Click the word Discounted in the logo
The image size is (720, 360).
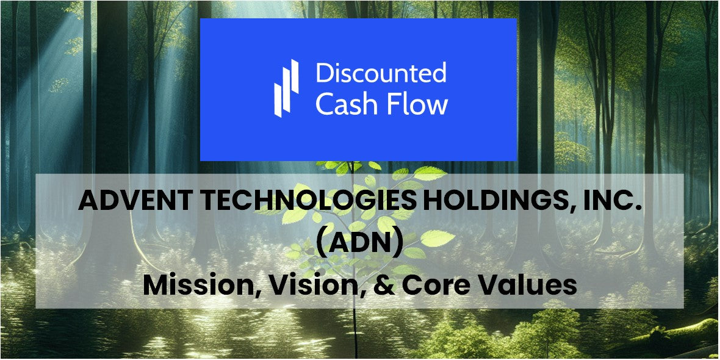(x=381, y=73)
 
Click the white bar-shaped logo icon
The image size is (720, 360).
(x=286, y=88)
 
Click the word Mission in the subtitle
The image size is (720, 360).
(x=198, y=286)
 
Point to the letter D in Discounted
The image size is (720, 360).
(x=323, y=73)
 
